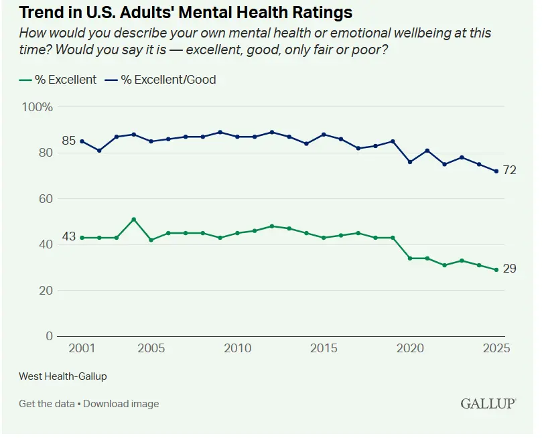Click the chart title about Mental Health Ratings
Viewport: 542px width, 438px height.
(x=186, y=13)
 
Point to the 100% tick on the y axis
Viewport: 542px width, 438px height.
(x=38, y=107)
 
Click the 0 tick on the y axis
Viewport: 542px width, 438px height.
(x=49, y=336)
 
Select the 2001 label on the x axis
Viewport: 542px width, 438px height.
(x=82, y=349)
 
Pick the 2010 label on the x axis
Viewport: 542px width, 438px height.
(x=237, y=349)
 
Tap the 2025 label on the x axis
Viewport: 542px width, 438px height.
(x=496, y=349)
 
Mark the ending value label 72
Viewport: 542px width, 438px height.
(x=510, y=171)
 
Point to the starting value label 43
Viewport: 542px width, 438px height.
(x=68, y=237)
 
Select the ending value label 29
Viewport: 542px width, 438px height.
(x=510, y=269)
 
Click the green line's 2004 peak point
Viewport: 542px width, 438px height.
(x=134, y=219)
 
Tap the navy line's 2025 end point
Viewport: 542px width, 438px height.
(x=496, y=171)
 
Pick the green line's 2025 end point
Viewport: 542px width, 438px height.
(x=496, y=270)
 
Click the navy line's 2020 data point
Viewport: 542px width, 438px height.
(x=410, y=162)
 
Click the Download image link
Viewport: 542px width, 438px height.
(x=121, y=404)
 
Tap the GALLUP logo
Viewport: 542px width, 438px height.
(x=488, y=403)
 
